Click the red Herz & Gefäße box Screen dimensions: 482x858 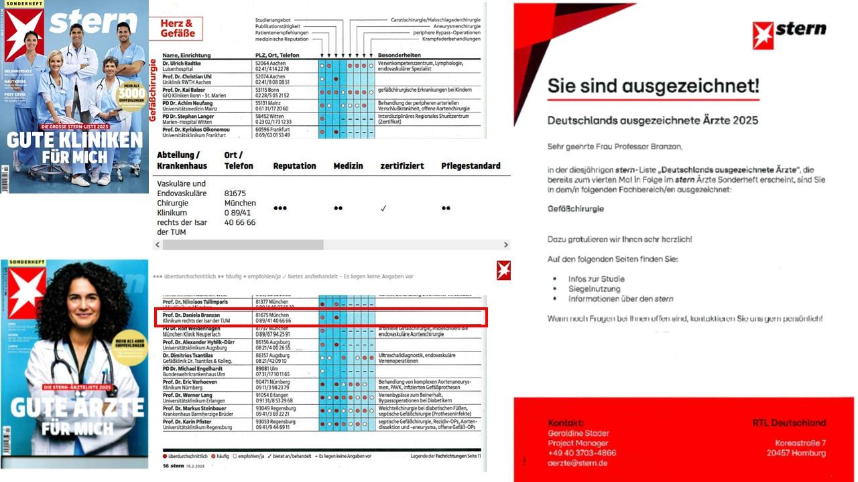pos(178,29)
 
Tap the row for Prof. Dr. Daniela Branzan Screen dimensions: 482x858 pos(321,318)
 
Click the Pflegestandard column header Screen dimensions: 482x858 pos(471,166)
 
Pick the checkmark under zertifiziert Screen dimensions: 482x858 pos(383,208)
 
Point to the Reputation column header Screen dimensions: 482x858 pos(294,166)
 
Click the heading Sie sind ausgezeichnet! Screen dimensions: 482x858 pos(654,86)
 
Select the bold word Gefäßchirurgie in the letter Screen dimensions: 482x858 pos(576,209)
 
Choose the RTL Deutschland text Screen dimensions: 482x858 pos(789,423)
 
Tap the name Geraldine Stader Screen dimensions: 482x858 pos(578,433)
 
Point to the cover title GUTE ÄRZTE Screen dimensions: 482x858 pos(77,407)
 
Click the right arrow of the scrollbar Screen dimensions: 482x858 pos(506,245)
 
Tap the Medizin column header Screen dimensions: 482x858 pos(349,166)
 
